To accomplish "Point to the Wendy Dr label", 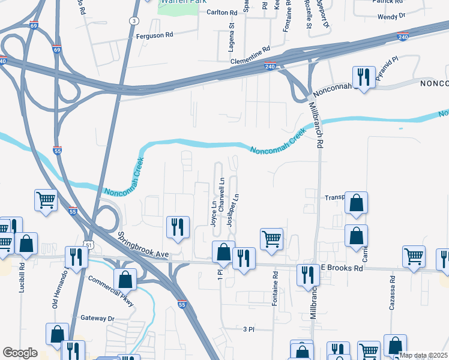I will tap(392, 17).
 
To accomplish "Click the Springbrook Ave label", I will tap(144, 245).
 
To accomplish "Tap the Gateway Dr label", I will tap(97, 318).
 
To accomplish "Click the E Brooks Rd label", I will tap(342, 269).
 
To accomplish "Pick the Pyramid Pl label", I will tap(387, 69).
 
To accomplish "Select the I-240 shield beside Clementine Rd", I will tap(271, 67).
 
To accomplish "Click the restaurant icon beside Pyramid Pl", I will tap(363, 76).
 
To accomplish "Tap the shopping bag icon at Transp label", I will tap(357, 204).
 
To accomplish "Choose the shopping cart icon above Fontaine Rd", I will tap(272, 238).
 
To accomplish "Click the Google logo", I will tap(20, 353).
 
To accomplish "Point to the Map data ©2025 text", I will tap(423, 355).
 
